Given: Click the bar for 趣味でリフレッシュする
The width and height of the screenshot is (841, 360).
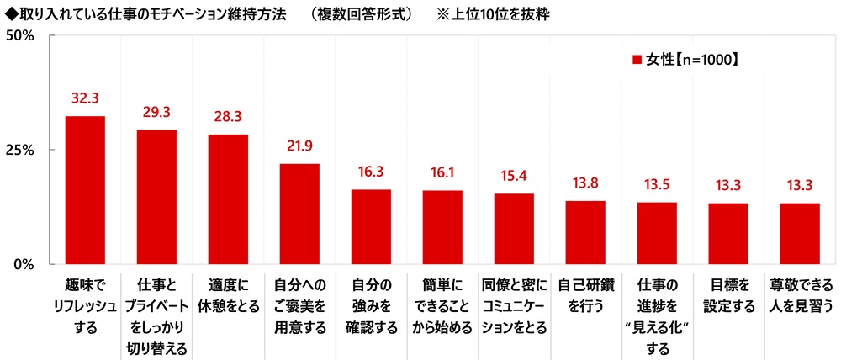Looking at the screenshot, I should click(x=85, y=189).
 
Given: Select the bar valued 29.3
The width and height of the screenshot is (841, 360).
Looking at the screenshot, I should click(x=156, y=196).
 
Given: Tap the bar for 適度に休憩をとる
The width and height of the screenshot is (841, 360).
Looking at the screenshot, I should click(x=228, y=199).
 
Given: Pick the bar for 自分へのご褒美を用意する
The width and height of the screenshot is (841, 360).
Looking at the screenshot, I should click(x=299, y=213).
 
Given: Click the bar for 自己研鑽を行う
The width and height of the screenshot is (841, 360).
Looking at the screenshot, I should click(x=584, y=231).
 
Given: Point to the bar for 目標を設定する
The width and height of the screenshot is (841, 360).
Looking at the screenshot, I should click(x=727, y=233).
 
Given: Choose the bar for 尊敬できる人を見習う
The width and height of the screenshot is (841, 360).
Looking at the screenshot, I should click(x=799, y=233).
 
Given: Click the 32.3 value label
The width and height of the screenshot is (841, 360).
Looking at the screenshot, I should click(x=85, y=99).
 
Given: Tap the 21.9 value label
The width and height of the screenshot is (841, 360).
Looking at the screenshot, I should click(x=299, y=146).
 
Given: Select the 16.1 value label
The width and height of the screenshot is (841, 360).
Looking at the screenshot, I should click(x=442, y=172).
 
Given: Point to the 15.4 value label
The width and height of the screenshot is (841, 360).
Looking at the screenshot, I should click(x=513, y=176).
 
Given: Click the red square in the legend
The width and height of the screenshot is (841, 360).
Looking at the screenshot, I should click(x=637, y=60).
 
